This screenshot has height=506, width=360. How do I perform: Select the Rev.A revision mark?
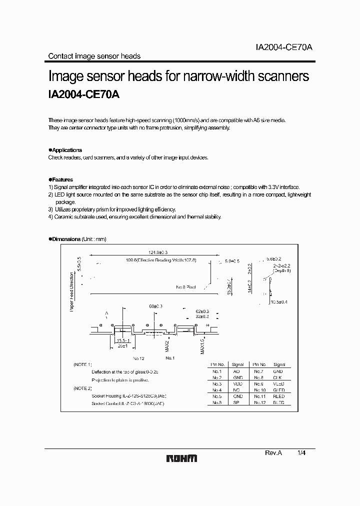pos(273,452)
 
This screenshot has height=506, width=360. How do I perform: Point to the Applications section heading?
pos(66,150)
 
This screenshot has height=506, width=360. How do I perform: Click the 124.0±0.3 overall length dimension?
pos(145,253)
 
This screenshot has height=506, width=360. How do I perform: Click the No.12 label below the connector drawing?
pos(138,358)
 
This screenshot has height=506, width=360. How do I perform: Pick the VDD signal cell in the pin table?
pos(236,383)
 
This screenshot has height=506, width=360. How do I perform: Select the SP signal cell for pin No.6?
pos(236,402)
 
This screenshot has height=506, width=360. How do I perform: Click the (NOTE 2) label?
pos(83,388)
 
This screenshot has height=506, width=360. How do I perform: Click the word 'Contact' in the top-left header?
pos(59,56)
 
